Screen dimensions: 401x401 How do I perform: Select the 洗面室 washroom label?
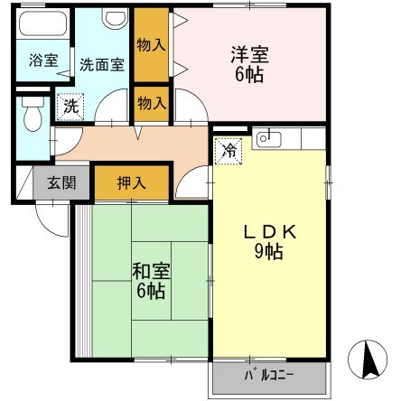point(101,64)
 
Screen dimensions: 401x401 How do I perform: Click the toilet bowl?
point(33,117)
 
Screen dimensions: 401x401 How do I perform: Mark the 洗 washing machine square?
point(70,105)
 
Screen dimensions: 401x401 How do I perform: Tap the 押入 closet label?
point(131,182)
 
